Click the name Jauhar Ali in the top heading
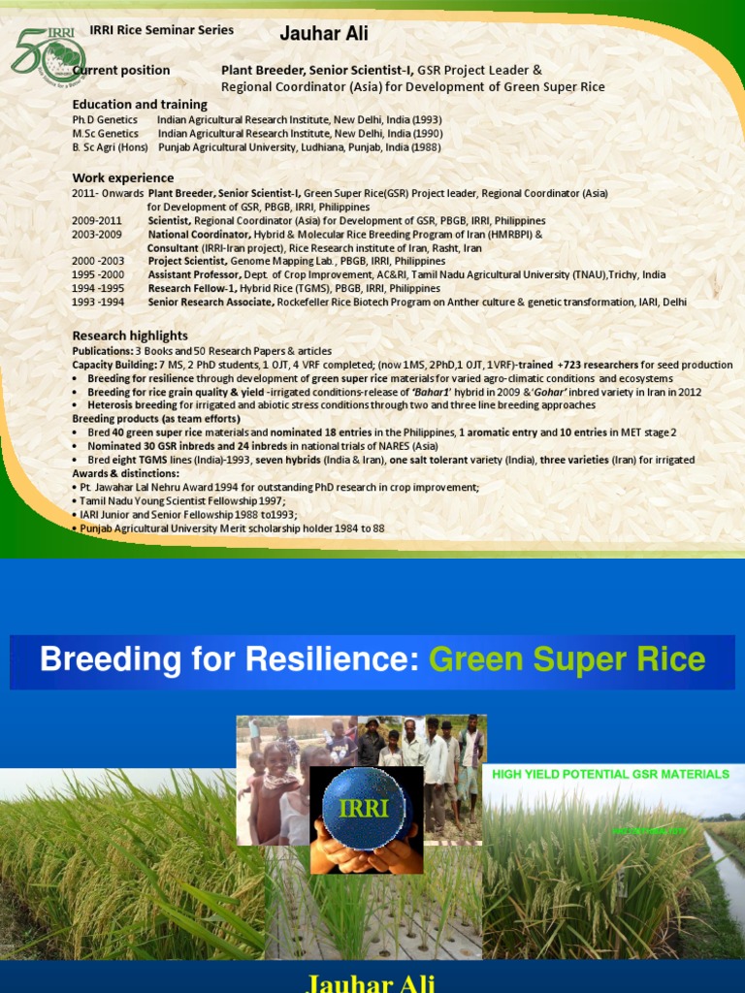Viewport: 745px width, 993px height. coord(323,35)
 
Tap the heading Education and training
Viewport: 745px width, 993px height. coord(140,104)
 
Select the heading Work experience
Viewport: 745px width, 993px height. coord(123,177)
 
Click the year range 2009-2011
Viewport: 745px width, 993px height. coord(97,221)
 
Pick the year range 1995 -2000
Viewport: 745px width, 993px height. coord(99,274)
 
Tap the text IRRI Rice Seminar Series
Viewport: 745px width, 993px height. coord(161,30)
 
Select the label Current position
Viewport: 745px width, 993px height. coord(121,70)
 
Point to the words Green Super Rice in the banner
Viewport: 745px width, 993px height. coord(567,660)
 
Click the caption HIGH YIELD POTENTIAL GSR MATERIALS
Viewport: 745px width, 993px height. coord(610,774)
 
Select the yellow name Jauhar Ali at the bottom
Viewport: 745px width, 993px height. coord(372,982)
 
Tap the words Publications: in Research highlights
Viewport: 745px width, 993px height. coord(102,351)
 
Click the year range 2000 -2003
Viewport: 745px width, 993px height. coord(98,261)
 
